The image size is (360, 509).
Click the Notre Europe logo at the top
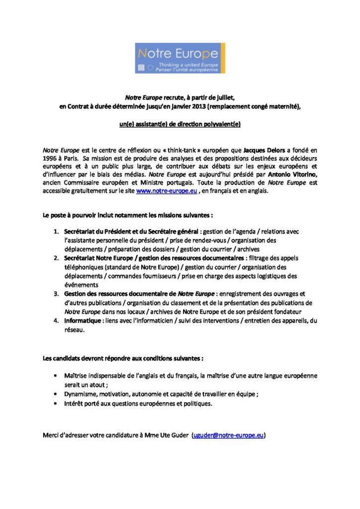[x=180, y=58]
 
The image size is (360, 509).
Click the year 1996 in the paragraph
[x=50, y=158]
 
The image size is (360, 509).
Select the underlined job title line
[x=180, y=124]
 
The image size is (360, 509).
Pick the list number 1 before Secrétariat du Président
[x=56, y=232]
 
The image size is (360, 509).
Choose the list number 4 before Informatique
[x=56, y=321]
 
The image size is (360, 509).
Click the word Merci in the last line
[x=52, y=435]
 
